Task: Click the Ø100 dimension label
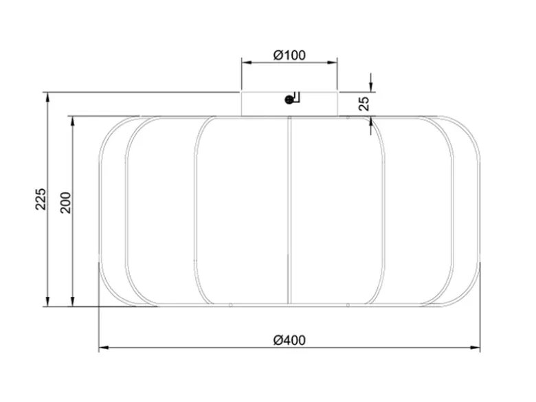pyautogui.click(x=289, y=55)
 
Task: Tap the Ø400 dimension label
pyautogui.click(x=289, y=340)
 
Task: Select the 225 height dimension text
pyautogui.click(x=41, y=199)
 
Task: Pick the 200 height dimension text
pyautogui.click(x=65, y=203)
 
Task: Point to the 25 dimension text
pyautogui.click(x=364, y=104)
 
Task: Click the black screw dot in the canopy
pyautogui.click(x=289, y=100)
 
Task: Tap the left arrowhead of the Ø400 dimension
pyautogui.click(x=104, y=348)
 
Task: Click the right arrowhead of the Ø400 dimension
pyautogui.click(x=475, y=348)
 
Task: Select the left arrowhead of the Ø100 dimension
pyautogui.click(x=247, y=63)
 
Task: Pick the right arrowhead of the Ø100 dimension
pyautogui.click(x=333, y=63)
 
